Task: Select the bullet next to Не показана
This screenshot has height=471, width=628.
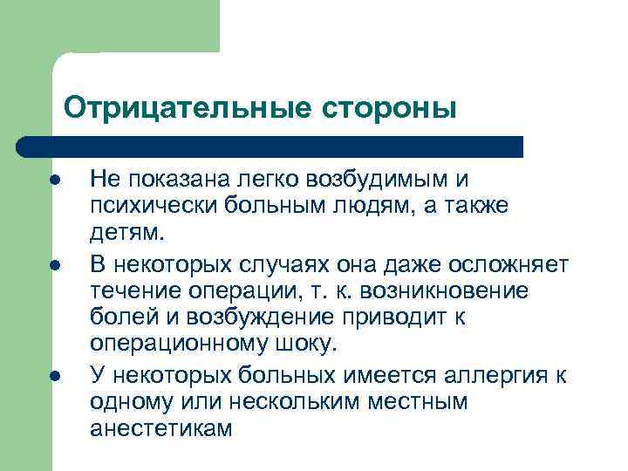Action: click(x=54, y=180)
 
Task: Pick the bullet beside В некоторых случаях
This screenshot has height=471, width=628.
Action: click(x=54, y=263)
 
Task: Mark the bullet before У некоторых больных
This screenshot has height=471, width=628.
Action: click(x=54, y=376)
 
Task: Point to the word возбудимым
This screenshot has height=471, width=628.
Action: click(x=379, y=180)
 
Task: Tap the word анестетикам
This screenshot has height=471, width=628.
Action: click(x=161, y=429)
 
